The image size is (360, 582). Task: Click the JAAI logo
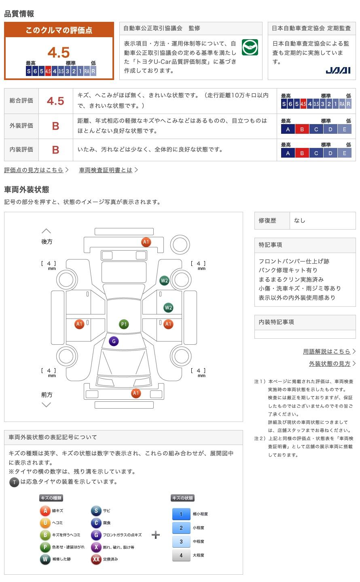click(x=338, y=70)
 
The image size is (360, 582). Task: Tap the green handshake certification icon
click(x=250, y=47)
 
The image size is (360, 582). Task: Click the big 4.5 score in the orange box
click(x=59, y=53)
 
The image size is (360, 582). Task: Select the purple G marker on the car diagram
click(x=114, y=341)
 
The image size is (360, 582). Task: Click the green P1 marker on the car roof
click(x=124, y=324)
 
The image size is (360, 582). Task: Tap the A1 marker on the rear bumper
click(x=146, y=242)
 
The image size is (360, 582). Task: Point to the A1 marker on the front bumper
click(x=136, y=393)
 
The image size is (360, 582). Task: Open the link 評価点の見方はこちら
click(x=34, y=170)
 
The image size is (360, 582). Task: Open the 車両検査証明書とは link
click(x=106, y=170)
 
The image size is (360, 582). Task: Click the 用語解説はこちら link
click(x=326, y=352)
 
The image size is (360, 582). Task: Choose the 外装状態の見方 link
click(x=330, y=363)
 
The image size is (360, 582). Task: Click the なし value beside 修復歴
click(x=299, y=221)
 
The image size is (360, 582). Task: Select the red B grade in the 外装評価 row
click(x=55, y=126)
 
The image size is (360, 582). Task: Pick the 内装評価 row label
click(x=21, y=150)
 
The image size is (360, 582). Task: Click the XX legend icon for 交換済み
click(x=96, y=559)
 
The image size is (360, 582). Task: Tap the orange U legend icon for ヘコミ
click(x=45, y=523)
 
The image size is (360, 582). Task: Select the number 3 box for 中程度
click(x=181, y=542)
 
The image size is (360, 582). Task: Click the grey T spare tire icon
click(x=14, y=482)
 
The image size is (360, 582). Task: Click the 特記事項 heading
click(x=270, y=245)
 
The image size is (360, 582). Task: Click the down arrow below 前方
click(x=46, y=405)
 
